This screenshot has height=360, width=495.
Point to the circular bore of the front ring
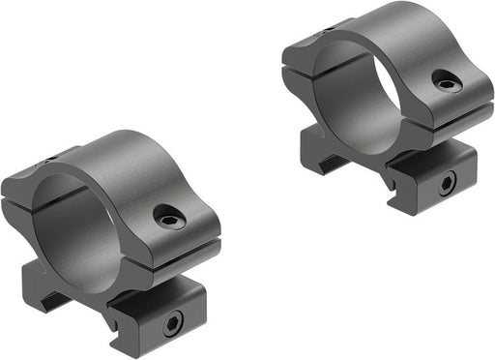point(73,225)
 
